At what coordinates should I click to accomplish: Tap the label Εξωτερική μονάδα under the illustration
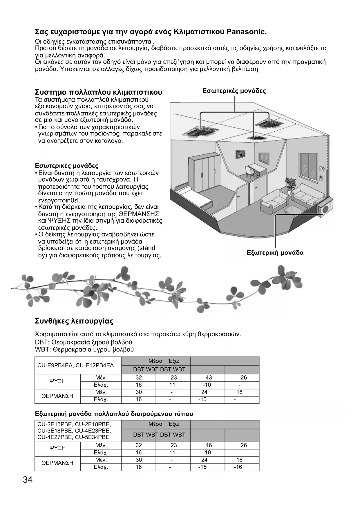click(275, 252)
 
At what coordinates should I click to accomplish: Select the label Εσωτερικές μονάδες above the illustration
click(234, 91)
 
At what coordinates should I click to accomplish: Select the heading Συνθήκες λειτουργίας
click(74, 321)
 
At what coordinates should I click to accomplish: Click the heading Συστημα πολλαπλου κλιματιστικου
click(98, 92)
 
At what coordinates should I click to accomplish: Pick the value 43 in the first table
click(208, 378)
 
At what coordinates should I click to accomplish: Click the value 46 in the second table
click(208, 445)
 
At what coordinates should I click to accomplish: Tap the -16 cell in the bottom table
click(238, 467)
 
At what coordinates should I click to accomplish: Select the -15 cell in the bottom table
click(202, 467)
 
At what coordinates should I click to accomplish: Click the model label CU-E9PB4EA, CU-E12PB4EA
click(75, 365)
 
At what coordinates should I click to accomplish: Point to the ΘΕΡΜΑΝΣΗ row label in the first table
click(57, 396)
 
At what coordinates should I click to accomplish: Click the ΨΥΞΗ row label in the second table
click(57, 448)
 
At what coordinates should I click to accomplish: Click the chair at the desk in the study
click(249, 172)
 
